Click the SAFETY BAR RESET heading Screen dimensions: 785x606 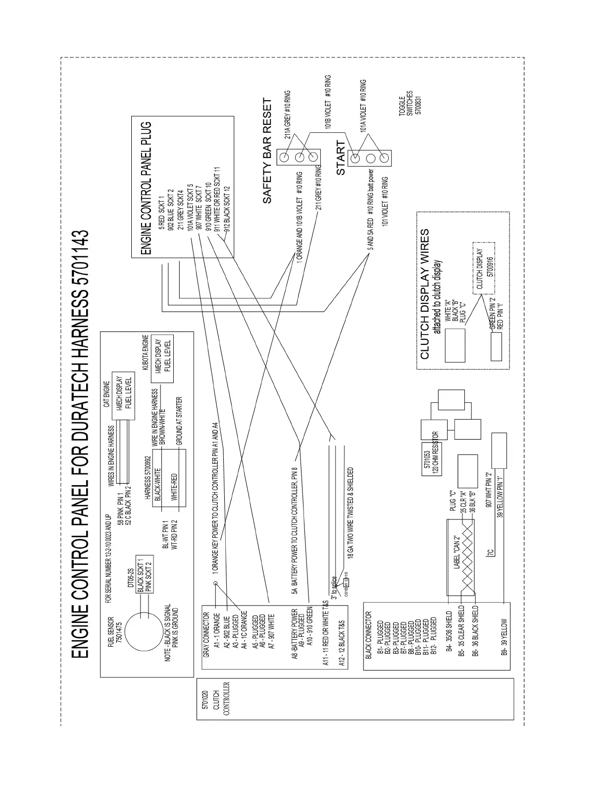(267, 151)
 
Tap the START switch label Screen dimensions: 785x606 (341, 158)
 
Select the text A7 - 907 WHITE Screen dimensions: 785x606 (271, 628)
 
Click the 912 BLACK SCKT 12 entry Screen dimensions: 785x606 (226, 209)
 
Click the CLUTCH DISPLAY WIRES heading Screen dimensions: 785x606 (425, 293)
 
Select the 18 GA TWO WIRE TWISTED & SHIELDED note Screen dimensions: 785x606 (351, 513)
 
